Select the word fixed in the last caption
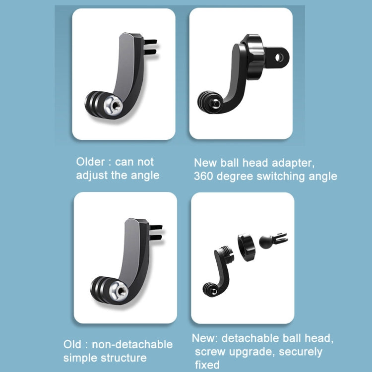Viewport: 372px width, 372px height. [206, 365]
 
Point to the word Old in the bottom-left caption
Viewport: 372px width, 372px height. [72, 344]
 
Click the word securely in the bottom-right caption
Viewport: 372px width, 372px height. [301, 352]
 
